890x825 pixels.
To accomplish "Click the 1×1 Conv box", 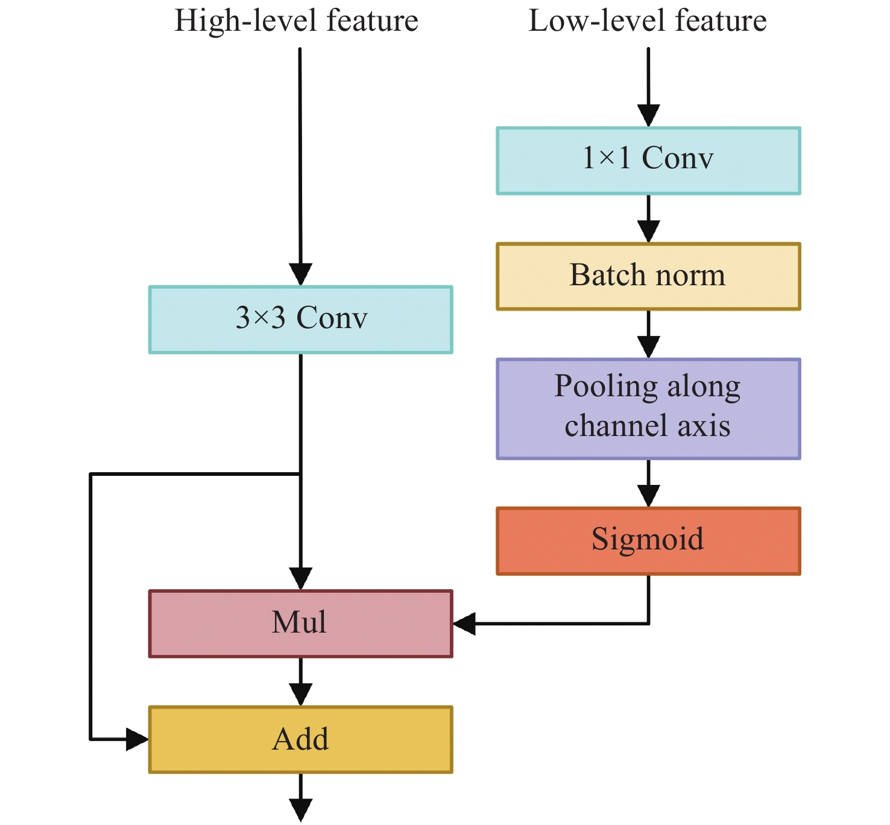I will click(x=648, y=160).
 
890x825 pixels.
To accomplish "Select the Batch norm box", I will click(x=648, y=276).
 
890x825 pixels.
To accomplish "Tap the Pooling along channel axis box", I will click(x=648, y=409).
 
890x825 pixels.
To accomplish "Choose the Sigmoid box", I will click(x=648, y=541).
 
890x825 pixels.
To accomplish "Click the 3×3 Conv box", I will click(x=300, y=320).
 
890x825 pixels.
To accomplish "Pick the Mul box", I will click(x=300, y=624).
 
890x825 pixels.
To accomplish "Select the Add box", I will click(x=300, y=739).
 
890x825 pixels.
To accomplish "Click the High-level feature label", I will click(x=296, y=21).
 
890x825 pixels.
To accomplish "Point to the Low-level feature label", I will click(x=648, y=21).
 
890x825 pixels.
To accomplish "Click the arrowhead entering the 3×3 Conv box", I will click(x=300, y=274).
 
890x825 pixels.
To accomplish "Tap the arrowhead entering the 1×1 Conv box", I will click(x=648, y=115).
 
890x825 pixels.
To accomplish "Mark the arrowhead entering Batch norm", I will click(x=648, y=231).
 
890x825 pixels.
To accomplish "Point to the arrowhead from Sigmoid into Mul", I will click(x=464, y=624).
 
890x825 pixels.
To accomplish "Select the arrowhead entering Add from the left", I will click(x=137, y=739).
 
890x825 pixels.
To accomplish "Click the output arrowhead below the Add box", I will click(x=300, y=809).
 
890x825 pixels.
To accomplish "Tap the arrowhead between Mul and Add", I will click(x=300, y=694).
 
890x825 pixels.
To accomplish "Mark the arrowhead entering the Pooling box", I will click(x=648, y=347).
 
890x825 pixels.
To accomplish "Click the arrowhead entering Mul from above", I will click(x=300, y=578).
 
